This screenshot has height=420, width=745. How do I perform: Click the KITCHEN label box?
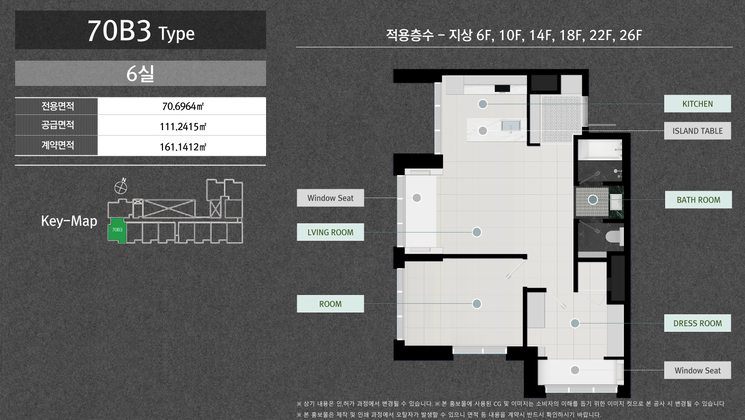tap(697, 103)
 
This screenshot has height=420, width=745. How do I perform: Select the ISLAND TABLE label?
tap(697, 131)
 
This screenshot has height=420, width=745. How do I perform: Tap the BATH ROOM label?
tap(698, 199)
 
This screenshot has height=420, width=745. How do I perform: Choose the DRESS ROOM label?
tap(697, 323)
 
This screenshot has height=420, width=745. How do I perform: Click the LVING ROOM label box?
tap(330, 232)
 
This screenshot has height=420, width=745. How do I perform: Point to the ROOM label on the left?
tap(330, 304)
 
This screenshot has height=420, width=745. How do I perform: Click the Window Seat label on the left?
tap(330, 198)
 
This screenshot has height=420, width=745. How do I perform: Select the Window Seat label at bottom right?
tap(697, 370)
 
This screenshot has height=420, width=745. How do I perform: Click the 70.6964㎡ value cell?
tap(182, 106)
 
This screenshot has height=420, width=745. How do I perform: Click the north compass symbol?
tap(121, 186)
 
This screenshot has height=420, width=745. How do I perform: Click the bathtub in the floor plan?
tap(600, 150)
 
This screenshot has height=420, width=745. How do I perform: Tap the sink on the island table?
tap(511, 125)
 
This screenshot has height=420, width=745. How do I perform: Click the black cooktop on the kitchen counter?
tap(502, 88)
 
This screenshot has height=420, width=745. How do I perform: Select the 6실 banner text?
tap(140, 74)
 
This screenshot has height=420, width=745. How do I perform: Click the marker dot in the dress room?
tap(575, 323)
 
